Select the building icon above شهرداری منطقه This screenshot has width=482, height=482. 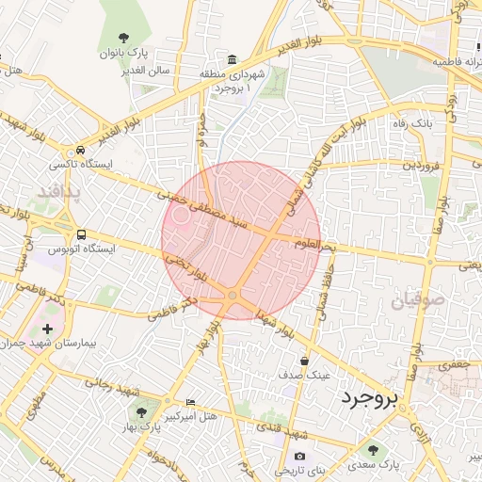(233, 58)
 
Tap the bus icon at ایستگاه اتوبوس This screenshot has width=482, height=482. (82, 234)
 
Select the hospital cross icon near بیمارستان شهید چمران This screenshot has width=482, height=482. (48, 329)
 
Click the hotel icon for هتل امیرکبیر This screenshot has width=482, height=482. (192, 402)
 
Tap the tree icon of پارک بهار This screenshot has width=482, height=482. (142, 412)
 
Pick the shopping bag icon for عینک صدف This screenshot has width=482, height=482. (304, 361)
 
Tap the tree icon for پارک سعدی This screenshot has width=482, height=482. (374, 451)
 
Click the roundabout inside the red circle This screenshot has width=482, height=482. (233, 297)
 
